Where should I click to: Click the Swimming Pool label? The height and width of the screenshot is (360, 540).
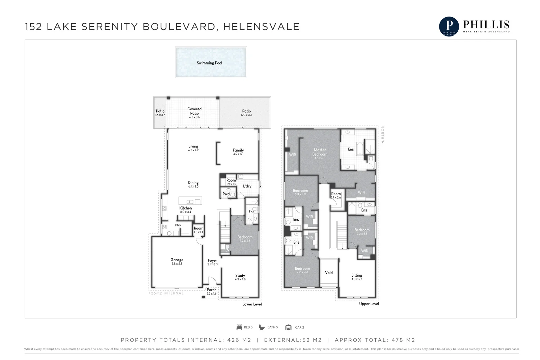click(209, 63)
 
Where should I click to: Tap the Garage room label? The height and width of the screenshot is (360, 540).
click(177, 260)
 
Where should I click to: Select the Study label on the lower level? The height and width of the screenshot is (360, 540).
click(240, 276)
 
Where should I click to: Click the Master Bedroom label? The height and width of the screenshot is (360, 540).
click(320, 152)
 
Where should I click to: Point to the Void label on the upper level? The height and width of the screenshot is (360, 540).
click(329, 273)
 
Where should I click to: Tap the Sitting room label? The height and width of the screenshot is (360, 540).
click(356, 275)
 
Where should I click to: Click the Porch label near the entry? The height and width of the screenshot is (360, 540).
click(212, 290)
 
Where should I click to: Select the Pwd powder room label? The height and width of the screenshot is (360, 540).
click(226, 194)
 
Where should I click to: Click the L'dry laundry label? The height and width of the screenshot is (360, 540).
click(247, 186)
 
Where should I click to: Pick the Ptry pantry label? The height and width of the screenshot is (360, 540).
click(178, 225)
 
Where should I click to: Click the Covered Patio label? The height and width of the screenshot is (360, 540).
click(194, 111)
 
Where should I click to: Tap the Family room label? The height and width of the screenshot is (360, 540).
click(238, 150)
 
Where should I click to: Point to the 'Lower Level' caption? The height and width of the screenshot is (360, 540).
click(252, 304)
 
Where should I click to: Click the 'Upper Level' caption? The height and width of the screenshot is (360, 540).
click(369, 304)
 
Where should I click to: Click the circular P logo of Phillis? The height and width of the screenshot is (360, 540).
click(449, 26)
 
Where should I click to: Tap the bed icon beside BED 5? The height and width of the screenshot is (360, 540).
click(239, 327)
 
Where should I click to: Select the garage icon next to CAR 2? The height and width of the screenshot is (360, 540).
click(288, 327)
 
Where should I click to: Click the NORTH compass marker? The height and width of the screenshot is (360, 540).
click(383, 134)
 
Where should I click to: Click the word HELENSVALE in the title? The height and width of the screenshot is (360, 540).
click(261, 27)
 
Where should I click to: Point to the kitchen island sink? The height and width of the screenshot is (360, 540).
click(190, 202)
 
